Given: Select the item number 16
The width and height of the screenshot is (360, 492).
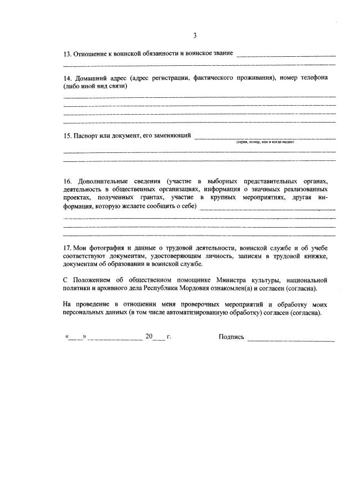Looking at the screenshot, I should click(x=67, y=182).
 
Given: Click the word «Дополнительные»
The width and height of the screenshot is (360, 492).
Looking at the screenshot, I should click(x=105, y=182).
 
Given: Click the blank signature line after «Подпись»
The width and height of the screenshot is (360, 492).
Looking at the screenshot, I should click(x=291, y=339).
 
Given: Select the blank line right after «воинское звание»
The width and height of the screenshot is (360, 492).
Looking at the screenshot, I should click(x=286, y=56).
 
